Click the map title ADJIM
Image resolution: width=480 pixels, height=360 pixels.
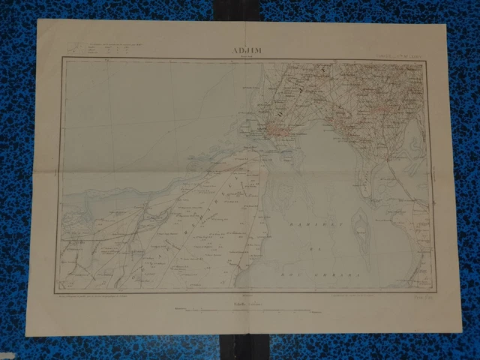coord(247,52)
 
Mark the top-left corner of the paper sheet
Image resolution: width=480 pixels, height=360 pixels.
coord(37,21)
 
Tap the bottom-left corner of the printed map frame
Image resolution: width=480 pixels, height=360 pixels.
coord(58,291)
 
